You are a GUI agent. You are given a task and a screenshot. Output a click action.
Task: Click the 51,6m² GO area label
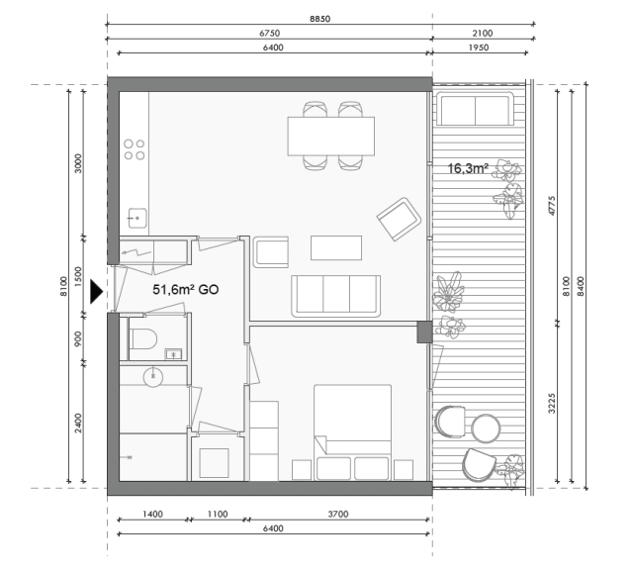[x=185, y=291]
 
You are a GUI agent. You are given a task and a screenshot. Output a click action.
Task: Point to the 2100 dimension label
[x=482, y=33]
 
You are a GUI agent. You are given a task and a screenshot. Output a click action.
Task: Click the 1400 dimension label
[x=152, y=516]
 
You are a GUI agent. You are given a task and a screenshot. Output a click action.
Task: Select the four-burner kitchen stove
[x=135, y=149]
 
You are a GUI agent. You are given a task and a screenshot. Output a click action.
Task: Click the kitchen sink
[x=136, y=217]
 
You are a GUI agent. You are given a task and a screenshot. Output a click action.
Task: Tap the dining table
[x=330, y=136]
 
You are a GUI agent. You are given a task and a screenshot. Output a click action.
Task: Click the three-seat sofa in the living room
[x=335, y=295]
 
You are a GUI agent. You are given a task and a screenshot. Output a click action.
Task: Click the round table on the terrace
[x=486, y=428]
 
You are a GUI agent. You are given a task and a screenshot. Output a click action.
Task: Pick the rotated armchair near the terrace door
[x=400, y=220]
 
